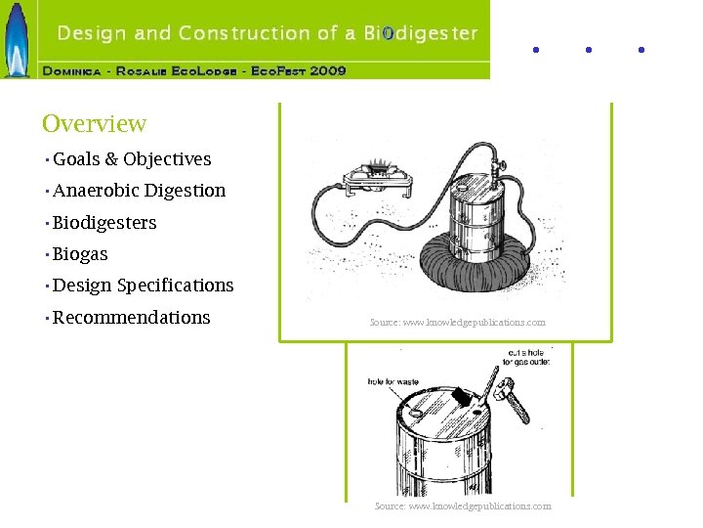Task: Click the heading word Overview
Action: click(x=94, y=124)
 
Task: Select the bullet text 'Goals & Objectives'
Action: click(x=132, y=159)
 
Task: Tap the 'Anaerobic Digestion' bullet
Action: click(x=139, y=191)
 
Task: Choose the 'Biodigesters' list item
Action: click(x=104, y=223)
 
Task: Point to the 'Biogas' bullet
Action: click(x=80, y=254)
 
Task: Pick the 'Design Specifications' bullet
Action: click(x=143, y=286)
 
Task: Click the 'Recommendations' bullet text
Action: click(x=131, y=318)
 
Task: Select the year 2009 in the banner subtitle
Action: click(x=328, y=71)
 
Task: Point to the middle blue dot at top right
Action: click(x=588, y=49)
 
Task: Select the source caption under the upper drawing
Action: click(x=457, y=322)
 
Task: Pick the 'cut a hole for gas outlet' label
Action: click(x=526, y=357)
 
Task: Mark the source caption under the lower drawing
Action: click(x=463, y=506)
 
